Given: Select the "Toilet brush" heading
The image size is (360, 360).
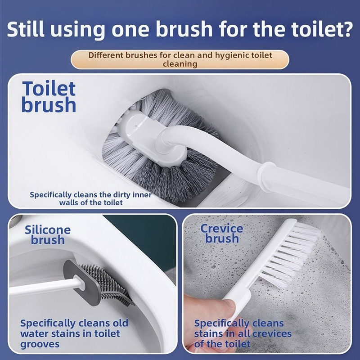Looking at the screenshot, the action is point(49,97).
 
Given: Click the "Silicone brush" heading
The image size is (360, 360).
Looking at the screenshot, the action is point(48,235).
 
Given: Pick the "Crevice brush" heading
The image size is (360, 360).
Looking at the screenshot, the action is point(221,233).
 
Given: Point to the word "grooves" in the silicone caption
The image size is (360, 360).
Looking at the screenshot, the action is point(40,344).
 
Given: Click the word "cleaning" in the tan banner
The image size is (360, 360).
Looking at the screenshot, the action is point(180,64).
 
